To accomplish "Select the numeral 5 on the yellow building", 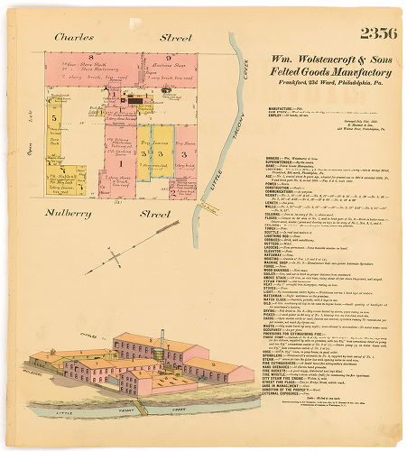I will [x=54, y=117].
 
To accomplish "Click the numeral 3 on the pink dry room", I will [x=182, y=153].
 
